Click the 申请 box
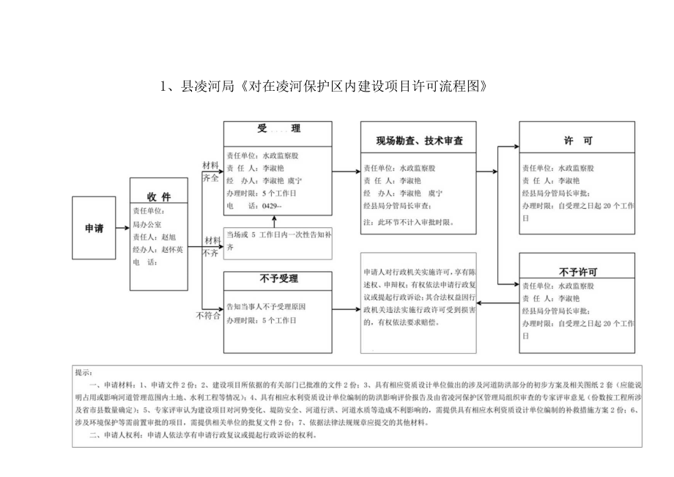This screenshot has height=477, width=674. (x=94, y=228)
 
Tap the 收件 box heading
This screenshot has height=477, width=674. (x=158, y=197)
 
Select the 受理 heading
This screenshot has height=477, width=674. (x=278, y=129)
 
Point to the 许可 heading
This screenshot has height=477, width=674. (x=578, y=140)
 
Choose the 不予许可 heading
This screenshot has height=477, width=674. (x=578, y=270)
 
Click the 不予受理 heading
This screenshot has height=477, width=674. (x=278, y=278)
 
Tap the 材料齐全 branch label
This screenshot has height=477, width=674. (x=210, y=171)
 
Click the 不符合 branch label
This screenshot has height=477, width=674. (x=207, y=316)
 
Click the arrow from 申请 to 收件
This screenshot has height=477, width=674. (x=123, y=228)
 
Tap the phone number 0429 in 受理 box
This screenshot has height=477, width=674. (x=271, y=207)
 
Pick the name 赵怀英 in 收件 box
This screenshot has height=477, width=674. (x=171, y=249)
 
